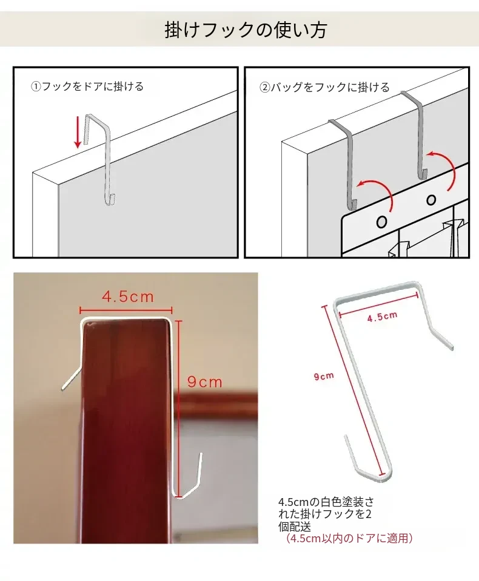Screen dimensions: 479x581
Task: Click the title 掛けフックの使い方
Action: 245,30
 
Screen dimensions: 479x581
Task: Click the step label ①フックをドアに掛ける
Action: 87,87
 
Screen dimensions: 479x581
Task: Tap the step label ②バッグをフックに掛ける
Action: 324,87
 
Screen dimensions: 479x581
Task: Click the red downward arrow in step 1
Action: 78,131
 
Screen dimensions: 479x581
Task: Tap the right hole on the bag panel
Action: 431,200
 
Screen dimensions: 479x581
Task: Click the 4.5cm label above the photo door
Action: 128,297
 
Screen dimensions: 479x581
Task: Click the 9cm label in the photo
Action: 204,382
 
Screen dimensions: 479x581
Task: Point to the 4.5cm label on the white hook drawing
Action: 383,317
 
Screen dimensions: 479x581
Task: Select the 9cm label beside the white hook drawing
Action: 324,376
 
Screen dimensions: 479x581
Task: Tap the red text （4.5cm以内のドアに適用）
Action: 349,538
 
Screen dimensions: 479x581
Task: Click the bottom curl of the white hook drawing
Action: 367,468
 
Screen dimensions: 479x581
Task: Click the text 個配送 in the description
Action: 295,527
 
